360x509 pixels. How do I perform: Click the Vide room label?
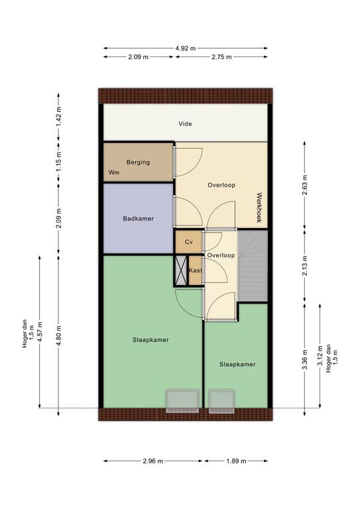point(185,124)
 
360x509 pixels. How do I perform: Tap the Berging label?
point(139,162)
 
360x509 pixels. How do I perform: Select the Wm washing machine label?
point(114,172)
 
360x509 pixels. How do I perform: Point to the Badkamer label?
point(139,219)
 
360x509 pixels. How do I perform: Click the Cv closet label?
point(189,242)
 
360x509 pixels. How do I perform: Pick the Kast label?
point(196,270)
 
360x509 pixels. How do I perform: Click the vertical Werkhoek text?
point(259,207)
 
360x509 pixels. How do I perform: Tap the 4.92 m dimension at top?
point(186,48)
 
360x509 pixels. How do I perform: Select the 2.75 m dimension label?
point(221,57)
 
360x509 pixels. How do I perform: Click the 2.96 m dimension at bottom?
point(153,461)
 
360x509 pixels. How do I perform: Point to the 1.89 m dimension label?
point(236,461)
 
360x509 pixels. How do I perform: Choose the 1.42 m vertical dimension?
point(58,117)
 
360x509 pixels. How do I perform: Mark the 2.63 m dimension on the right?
point(304,185)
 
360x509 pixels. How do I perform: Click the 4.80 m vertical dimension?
point(58,335)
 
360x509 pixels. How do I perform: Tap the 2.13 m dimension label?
point(304,266)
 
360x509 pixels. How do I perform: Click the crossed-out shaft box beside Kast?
point(181,270)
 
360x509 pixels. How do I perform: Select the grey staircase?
point(253,266)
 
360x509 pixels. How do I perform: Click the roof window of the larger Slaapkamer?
point(182,401)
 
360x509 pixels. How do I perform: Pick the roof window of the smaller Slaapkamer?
point(221,401)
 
